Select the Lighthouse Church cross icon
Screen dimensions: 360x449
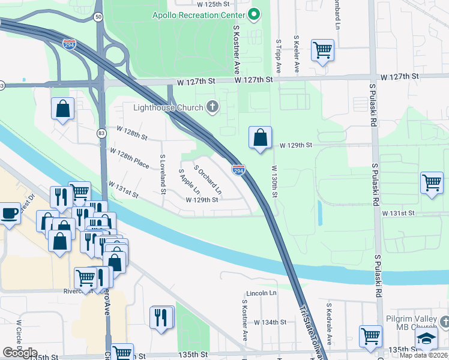point(212,107)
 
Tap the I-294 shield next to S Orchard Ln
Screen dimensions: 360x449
point(238,170)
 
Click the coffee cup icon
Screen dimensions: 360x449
point(9,213)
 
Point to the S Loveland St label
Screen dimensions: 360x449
point(162,175)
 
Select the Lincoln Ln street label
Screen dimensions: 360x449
point(261,293)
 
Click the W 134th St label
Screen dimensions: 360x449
point(270,322)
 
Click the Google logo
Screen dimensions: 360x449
point(20,353)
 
